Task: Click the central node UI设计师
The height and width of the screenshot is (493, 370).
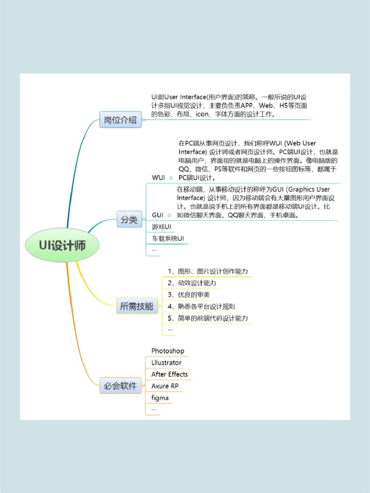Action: point(62,245)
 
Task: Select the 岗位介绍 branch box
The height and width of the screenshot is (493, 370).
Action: point(120,120)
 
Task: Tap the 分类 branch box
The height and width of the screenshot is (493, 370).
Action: point(129,219)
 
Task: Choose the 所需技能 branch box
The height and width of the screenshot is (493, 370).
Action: point(137,306)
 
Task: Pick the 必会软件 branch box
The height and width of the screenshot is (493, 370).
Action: point(120,385)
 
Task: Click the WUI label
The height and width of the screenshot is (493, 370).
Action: point(158,178)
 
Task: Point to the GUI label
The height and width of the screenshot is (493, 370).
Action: point(158,215)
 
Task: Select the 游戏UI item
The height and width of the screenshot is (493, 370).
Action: point(162,227)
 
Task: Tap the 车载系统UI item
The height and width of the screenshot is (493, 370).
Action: point(168,238)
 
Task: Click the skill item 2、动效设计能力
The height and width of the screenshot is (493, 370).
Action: point(192,283)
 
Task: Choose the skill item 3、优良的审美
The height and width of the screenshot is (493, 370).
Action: point(189,295)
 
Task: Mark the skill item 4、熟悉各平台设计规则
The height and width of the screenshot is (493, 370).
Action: point(201,306)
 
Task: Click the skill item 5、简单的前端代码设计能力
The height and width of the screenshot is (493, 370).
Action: point(208,318)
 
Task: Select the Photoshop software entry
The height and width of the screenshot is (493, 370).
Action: point(168,351)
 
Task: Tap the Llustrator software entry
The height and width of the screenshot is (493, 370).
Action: point(166,363)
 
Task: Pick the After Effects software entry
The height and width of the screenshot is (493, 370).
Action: point(170,374)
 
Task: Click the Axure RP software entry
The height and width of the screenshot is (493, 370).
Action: point(165,386)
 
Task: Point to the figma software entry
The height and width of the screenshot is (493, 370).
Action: point(160,398)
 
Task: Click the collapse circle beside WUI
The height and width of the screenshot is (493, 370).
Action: point(171,178)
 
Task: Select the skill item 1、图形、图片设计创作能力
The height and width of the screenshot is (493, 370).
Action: point(208,271)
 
